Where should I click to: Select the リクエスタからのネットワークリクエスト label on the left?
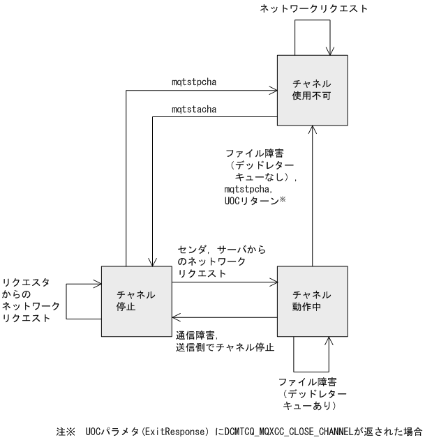29,300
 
